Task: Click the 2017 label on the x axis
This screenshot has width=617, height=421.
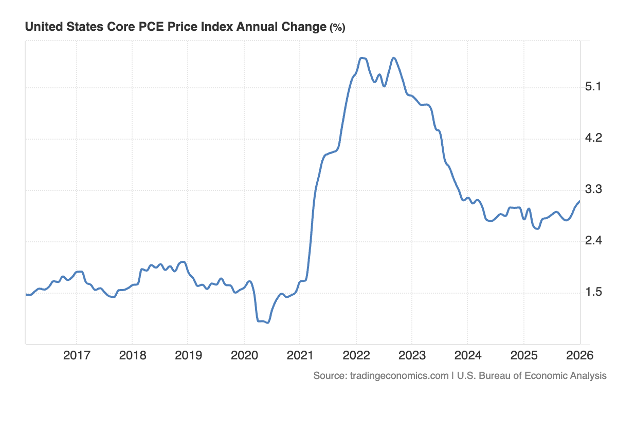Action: point(76,355)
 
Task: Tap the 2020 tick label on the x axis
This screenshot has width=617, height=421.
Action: point(244,355)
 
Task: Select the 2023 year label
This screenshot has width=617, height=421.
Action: point(411,355)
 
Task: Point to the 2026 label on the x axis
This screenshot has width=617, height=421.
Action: point(579,355)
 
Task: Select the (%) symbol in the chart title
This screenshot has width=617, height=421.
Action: point(337,28)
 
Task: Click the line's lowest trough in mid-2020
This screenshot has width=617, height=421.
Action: point(267,322)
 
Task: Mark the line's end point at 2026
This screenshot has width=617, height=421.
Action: point(579,201)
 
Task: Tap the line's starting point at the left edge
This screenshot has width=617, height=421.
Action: point(26,294)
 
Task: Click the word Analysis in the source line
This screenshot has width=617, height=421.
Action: point(587,376)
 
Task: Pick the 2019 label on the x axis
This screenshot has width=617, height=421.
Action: point(188,355)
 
